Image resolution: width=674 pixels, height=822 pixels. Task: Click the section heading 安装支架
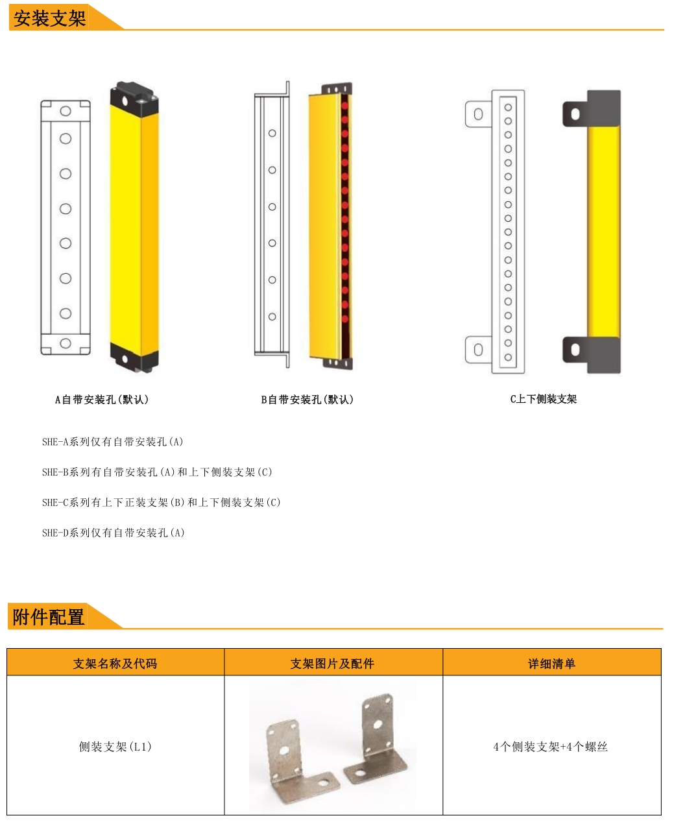49,18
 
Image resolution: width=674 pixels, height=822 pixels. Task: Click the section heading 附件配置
49,617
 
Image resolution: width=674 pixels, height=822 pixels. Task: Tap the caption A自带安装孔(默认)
102,400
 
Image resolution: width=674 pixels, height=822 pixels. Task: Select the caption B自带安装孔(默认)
307,400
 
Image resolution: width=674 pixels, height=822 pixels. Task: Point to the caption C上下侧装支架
543,399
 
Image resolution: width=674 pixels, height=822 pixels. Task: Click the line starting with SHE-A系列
113,442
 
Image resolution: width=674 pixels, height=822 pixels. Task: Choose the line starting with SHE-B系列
157,472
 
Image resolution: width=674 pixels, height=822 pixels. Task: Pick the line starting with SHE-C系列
162,502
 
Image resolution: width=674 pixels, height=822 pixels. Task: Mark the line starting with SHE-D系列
114,533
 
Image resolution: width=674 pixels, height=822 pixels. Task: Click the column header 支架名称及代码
115,663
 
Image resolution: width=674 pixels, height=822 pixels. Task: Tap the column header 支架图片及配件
332,663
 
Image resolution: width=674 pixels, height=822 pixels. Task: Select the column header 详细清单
551,663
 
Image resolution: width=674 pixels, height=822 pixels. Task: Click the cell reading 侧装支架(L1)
115,746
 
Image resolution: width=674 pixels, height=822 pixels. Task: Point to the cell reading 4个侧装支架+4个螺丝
551,746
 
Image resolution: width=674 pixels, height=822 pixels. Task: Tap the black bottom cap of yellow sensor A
134,357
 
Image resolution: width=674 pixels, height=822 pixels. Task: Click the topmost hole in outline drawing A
66,111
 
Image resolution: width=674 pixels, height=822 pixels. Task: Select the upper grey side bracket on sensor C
592,109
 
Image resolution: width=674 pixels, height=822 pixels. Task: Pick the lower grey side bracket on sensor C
592,355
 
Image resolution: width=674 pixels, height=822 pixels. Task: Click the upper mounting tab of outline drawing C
478,114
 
